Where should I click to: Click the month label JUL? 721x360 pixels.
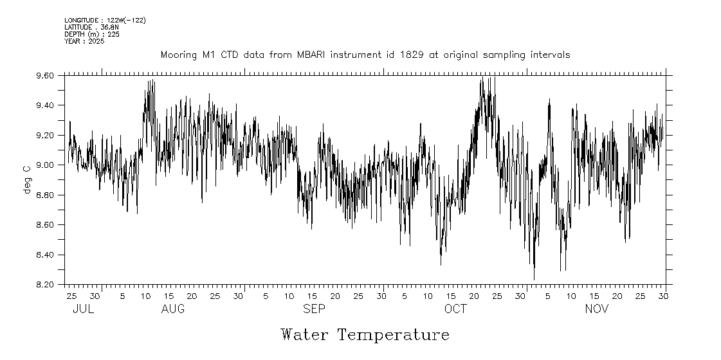[83, 309]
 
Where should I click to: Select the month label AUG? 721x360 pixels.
[173, 309]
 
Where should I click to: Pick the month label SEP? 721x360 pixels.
[314, 309]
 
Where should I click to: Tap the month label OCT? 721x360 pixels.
[455, 309]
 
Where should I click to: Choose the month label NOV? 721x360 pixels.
[596, 309]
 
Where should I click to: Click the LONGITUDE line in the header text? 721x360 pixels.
[105, 21]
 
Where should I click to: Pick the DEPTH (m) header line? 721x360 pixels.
[92, 34]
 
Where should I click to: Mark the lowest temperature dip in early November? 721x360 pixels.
[534, 279]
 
